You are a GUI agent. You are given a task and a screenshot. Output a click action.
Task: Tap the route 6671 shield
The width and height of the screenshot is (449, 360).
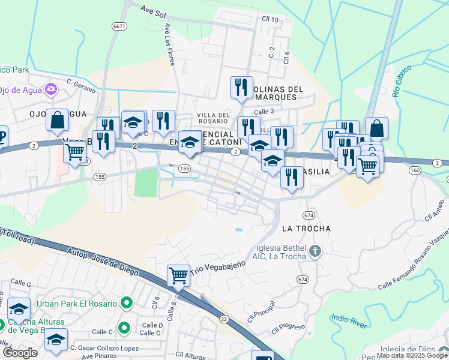(x=119, y=26)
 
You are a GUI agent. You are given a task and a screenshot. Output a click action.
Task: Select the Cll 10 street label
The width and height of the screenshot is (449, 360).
(x=270, y=20)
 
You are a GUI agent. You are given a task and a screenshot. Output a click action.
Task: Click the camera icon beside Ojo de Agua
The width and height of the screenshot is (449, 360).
(x=50, y=89)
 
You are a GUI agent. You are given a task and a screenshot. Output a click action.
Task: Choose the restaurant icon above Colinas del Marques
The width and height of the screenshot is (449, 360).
(x=241, y=87)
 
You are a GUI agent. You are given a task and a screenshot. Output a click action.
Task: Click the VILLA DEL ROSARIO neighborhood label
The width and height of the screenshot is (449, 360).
(x=213, y=118)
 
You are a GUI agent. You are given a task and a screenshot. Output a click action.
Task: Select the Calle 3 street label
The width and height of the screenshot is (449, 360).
(x=264, y=111)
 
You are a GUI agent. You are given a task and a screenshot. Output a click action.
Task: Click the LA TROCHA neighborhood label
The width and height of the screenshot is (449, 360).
(x=306, y=229)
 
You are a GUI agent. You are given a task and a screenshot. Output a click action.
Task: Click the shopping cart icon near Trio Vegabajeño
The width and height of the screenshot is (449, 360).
(x=178, y=276)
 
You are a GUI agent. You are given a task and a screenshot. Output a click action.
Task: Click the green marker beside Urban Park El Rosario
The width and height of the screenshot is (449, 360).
(x=126, y=304)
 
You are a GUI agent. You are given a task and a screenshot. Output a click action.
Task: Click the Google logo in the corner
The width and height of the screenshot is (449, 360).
(x=20, y=352)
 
